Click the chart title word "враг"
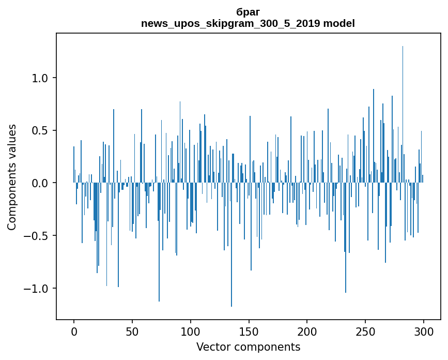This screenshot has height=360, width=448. pyautogui.click(x=248, y=11)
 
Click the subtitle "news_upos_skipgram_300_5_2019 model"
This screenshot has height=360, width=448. pyautogui.click(x=248, y=23)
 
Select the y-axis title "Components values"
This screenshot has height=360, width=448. pyautogui.click(x=11, y=177)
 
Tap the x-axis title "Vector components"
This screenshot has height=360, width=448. pyautogui.click(x=248, y=347)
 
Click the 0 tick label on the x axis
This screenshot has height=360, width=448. pyautogui.click(x=74, y=331)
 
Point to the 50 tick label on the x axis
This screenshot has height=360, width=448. pyautogui.click(x=132, y=331)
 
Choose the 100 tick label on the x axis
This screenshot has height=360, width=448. pyautogui.click(x=191, y=331)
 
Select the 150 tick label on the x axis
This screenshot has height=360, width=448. pyautogui.click(x=249, y=331)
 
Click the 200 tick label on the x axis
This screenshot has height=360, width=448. pyautogui.click(x=307, y=331)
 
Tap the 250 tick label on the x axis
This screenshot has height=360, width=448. pyautogui.click(x=365, y=331)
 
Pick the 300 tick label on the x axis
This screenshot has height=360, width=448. pyautogui.click(x=424, y=331)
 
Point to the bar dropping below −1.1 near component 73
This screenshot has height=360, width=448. pyautogui.click(x=159, y=243)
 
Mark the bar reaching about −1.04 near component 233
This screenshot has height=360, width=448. pyautogui.click(x=346, y=238)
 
